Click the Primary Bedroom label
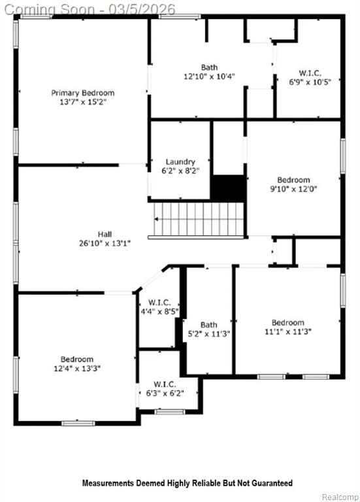[83, 93]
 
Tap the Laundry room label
[180, 161]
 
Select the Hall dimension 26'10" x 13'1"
[105, 243]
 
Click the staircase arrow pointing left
[157, 220]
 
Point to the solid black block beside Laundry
[228, 188]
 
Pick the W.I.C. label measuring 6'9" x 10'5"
[310, 73]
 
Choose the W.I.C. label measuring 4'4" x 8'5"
[159, 303]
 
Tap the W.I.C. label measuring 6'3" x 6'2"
[165, 384]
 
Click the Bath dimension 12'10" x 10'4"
[209, 76]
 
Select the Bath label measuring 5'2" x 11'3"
[208, 325]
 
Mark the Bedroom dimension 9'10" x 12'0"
[293, 189]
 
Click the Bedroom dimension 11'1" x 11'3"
[288, 331]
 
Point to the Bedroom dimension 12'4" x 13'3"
[77, 369]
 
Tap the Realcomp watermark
[340, 497]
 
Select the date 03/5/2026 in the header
[142, 9]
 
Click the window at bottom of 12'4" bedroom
[78, 424]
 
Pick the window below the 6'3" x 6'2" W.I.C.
[170, 412]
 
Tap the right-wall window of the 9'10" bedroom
[343, 156]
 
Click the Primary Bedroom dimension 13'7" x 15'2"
[83, 102]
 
